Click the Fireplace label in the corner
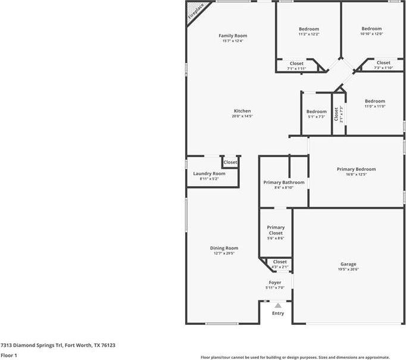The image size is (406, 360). point(196,12)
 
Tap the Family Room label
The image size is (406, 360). point(233,36)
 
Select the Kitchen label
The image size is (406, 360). point(242,111)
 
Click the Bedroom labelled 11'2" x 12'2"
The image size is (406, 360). point(308,29)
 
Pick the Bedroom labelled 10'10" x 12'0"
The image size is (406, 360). point(371,29)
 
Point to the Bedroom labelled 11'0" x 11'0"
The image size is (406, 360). point(375,101)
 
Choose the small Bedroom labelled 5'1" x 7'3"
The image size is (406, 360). point(316,112)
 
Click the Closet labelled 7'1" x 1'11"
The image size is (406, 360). point(296,64)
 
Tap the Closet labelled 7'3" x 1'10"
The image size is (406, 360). point(383,62)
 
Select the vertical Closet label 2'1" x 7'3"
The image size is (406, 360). point(337,113)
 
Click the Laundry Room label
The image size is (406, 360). point(209,173)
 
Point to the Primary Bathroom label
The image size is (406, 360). point(284,182)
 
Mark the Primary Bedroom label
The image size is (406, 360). point(356,169)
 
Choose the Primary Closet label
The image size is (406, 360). point(276,230)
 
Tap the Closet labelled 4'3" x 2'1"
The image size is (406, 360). point(280,262)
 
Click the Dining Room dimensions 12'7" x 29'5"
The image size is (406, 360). point(224,253)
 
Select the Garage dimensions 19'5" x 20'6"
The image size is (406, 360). point(348,269)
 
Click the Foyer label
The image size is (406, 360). point(275,283)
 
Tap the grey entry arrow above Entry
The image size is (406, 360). point(277,305)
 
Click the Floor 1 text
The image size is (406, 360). point(9,355)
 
